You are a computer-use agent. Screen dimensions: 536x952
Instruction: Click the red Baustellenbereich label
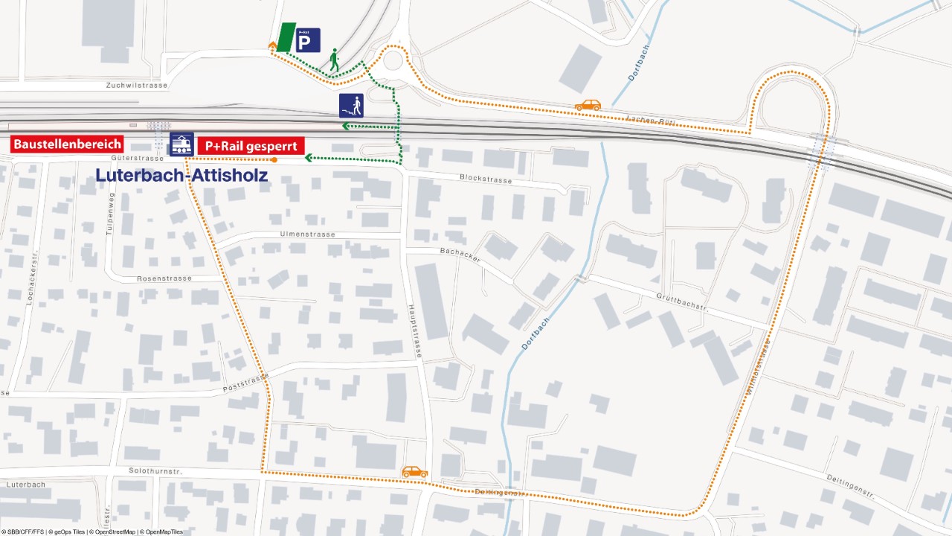[67, 144]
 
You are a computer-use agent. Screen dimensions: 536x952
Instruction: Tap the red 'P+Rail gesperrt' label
[251, 145]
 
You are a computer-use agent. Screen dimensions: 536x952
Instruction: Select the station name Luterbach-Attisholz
[181, 176]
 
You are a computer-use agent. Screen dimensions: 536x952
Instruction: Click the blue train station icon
[181, 144]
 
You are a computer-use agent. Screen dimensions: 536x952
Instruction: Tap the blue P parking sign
[307, 39]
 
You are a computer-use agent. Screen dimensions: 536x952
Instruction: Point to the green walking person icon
[334, 60]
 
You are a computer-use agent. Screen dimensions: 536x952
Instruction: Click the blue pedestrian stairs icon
[351, 106]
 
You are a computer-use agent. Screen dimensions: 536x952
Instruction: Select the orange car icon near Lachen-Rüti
[588, 105]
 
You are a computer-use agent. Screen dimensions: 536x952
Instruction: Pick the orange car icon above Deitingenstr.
[415, 472]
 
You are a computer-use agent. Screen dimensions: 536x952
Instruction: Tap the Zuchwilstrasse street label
[137, 86]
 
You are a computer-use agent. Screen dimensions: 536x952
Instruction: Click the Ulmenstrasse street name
[307, 234]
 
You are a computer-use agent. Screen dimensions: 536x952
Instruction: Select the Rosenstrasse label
[164, 278]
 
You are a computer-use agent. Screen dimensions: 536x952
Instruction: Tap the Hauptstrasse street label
[415, 332]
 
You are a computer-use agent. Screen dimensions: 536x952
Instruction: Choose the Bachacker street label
[460, 255]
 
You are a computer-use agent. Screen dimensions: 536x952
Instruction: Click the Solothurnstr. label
[155, 471]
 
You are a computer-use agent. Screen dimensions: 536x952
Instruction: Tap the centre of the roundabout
[392, 59]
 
